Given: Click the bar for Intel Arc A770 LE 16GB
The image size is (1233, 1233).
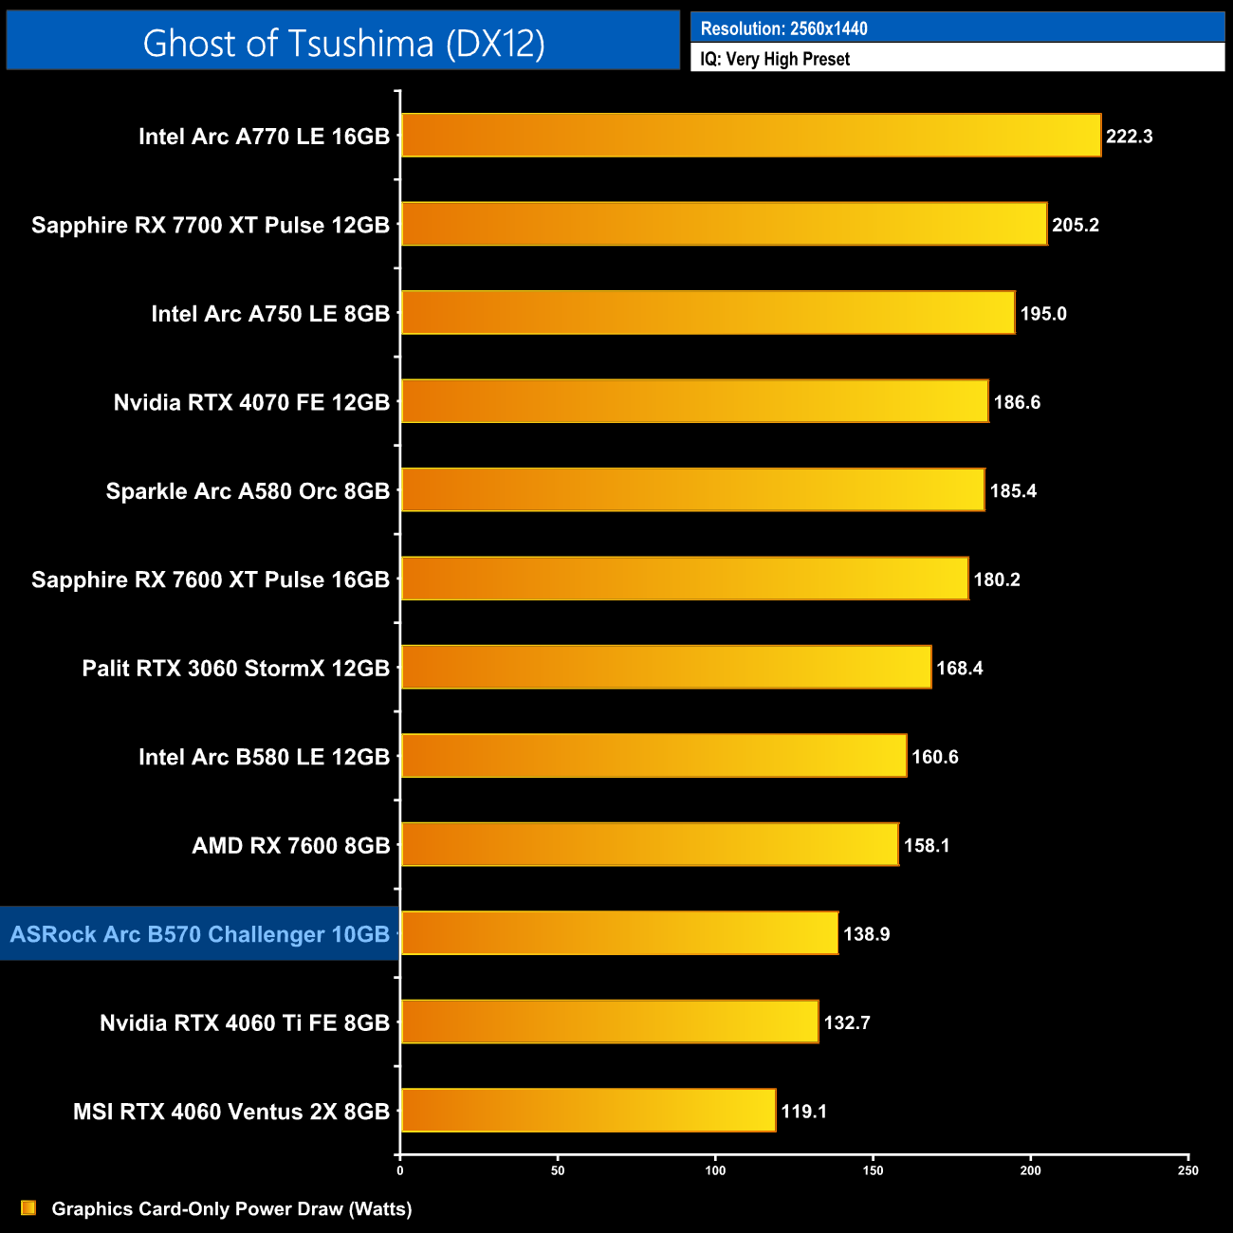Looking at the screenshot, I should pos(750,136).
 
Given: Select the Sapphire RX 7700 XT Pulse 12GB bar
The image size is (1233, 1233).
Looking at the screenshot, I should pos(724,224).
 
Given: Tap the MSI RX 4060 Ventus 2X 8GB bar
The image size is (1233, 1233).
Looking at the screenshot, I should pos(588,1111).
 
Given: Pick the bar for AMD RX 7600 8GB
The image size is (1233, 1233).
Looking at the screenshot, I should pos(649,844).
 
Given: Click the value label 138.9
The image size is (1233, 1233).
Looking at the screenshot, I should pos(866,934).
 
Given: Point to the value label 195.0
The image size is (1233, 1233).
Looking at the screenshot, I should pos(1043,314).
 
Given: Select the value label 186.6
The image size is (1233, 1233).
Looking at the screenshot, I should pos(1017,402).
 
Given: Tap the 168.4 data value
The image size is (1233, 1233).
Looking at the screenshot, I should pos(959,669).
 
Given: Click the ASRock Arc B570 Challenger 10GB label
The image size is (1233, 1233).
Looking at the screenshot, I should pos(200,934).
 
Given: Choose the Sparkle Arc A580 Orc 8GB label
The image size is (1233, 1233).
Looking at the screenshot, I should pos(248,491).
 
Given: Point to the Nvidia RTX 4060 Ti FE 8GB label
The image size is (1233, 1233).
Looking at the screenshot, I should pos(245,1022).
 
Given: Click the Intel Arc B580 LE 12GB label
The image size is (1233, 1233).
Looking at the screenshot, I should pos(264,757).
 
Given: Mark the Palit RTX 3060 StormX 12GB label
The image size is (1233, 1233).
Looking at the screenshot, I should pos(235,669).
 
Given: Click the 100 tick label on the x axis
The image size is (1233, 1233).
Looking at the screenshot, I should pos(715,1170).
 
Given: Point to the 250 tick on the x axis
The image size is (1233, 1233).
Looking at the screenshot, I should pos(1188,1170).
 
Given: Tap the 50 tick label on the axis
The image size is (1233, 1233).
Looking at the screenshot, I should pos(558,1170).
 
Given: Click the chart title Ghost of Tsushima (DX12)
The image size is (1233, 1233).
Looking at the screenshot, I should pos(343,43).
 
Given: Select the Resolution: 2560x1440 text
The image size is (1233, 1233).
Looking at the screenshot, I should pos(783,28).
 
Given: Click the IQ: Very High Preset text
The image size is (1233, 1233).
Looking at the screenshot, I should pos(775,59).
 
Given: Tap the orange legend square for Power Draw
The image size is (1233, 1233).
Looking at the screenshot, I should pos(28,1207).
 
